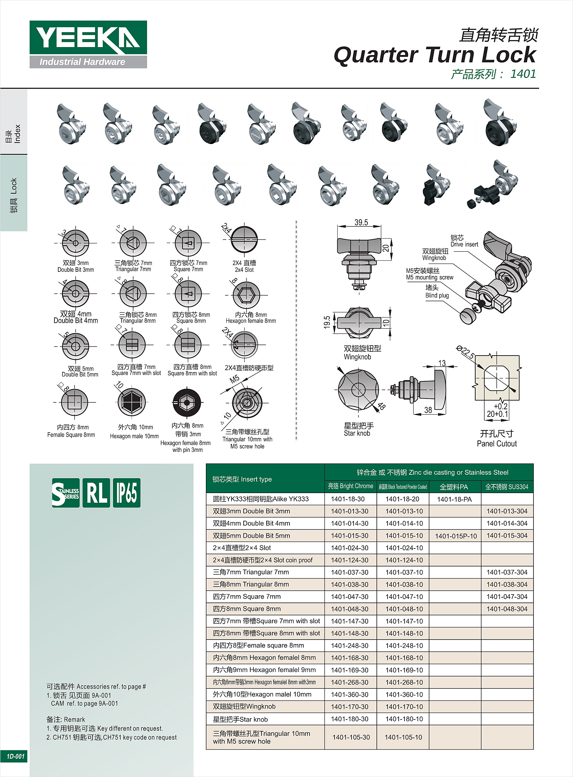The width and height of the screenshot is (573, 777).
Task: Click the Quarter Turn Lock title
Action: point(435,55)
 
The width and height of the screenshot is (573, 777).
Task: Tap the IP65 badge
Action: point(127,493)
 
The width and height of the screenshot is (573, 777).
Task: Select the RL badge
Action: point(96,493)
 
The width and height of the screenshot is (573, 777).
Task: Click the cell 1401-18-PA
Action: point(454,499)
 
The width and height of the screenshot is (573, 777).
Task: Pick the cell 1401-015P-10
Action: point(455,536)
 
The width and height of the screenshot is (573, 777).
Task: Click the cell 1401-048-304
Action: point(507,609)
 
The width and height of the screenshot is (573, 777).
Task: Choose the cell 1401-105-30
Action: point(351,737)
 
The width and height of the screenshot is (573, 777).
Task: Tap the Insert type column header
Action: point(242,479)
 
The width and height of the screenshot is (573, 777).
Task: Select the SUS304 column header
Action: point(506,487)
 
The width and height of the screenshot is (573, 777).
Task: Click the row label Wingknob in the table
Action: point(244,706)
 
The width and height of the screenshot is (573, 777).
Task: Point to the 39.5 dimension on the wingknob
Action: point(361,222)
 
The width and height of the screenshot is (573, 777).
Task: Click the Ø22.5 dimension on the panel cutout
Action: point(465,352)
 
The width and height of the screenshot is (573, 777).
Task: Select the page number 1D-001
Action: point(15,756)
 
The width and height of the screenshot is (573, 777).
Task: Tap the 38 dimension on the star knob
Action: point(428,410)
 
